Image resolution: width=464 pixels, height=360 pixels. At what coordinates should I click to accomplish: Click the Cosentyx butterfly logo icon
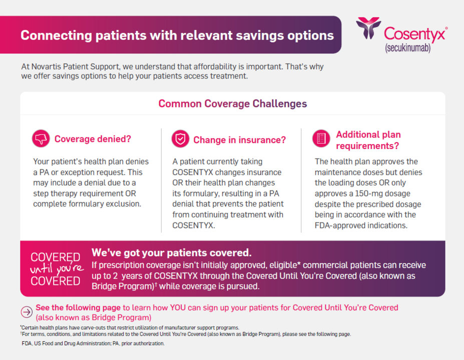coord(368,28)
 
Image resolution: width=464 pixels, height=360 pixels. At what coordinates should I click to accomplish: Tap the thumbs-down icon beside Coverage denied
coord(41,138)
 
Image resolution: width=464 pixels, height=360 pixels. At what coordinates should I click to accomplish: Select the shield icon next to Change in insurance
coord(180,138)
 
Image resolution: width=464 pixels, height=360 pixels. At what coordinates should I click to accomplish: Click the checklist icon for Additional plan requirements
coord(321,138)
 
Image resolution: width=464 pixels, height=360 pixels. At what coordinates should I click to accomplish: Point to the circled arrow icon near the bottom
coord(27,312)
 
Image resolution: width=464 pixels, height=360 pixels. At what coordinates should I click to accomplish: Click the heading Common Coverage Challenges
coord(233,103)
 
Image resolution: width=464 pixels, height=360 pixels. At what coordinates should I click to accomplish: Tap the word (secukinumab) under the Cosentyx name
coord(407,48)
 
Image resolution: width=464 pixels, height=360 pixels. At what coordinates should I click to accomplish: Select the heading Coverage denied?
coord(93,139)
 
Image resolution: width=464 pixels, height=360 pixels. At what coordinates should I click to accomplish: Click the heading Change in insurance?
coord(239,140)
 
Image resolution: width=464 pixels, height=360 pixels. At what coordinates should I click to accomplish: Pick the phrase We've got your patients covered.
coord(172,253)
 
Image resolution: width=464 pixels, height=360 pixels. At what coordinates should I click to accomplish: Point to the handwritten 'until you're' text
coord(57,268)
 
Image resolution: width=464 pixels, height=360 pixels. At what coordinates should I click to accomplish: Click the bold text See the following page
coord(78,307)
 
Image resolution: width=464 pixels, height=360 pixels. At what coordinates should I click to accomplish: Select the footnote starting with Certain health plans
coord(130,328)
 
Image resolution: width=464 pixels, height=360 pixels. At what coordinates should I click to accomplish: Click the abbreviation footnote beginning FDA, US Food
coord(93,343)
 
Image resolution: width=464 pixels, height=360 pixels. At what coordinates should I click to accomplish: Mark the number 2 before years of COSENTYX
coord(116,276)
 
